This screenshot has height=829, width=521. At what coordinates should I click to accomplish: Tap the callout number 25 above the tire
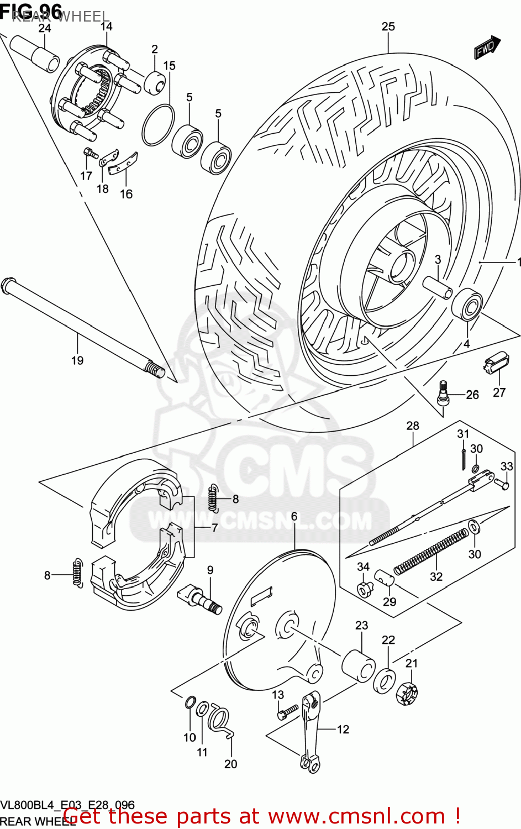pyautogui.click(x=388, y=27)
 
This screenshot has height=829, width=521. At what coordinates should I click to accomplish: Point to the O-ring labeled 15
pyautogui.click(x=158, y=125)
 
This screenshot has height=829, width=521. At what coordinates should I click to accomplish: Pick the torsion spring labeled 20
pyautogui.click(x=220, y=721)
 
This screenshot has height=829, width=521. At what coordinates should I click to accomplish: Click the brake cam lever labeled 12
pyautogui.click(x=310, y=730)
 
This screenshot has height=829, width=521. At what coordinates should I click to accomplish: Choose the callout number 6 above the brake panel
pyautogui.click(x=294, y=516)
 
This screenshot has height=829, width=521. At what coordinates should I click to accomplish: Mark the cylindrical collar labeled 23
pyautogui.click(x=359, y=665)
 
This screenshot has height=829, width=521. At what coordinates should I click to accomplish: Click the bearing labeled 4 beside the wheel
pyautogui.click(x=467, y=304)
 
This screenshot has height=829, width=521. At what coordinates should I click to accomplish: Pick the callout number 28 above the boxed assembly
pyautogui.click(x=413, y=426)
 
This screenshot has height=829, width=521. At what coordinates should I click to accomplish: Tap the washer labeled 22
pyautogui.click(x=385, y=680)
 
